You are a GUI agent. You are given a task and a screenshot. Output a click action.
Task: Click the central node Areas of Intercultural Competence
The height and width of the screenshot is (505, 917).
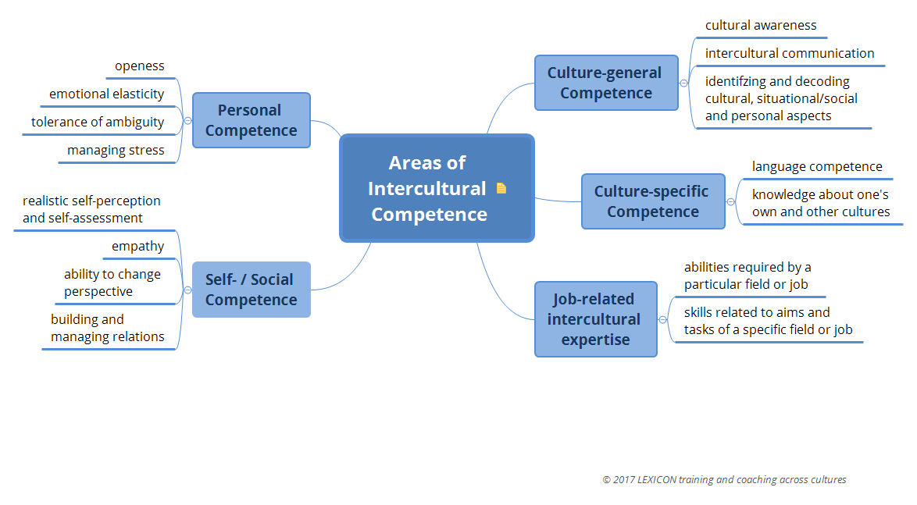[428, 188]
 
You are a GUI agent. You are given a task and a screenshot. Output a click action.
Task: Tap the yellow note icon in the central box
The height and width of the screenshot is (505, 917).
[501, 188]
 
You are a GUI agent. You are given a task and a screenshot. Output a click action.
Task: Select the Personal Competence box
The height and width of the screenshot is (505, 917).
[251, 120]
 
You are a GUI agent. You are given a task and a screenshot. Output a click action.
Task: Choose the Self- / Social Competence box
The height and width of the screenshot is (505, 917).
[251, 290]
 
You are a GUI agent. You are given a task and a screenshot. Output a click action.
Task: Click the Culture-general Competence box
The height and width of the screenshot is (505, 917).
[605, 83]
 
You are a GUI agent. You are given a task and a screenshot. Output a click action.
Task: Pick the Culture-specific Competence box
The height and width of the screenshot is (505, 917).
[652, 201]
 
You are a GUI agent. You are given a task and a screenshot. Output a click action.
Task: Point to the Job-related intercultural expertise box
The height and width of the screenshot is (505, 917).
[595, 319]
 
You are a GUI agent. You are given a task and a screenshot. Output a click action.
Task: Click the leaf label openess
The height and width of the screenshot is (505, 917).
[140, 66]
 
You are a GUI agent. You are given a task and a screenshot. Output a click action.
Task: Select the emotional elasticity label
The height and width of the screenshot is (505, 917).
[107, 94]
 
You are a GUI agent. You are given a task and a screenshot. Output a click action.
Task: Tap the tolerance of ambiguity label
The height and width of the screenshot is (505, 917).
[98, 123]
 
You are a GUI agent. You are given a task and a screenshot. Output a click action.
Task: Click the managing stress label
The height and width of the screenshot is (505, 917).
[116, 151]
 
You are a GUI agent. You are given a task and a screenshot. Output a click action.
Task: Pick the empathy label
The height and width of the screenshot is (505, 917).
[138, 247]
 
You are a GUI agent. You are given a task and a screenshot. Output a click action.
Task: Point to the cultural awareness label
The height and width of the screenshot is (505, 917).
[761, 26]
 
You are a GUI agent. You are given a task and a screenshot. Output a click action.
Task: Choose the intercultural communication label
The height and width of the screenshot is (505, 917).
[790, 54]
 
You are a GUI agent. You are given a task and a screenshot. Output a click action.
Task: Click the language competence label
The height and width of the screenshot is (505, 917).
[817, 167]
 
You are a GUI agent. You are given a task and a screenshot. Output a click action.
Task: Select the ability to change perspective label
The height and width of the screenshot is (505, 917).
[112, 283]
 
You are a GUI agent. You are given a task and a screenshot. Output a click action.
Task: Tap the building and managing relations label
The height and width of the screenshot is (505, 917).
[108, 328]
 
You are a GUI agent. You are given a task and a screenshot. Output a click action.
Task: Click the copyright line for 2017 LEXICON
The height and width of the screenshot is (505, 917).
[724, 480]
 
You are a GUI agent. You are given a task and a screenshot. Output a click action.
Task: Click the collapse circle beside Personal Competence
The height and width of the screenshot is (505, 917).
[187, 120]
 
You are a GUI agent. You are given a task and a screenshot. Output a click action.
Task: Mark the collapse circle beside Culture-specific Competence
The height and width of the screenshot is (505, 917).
[731, 201]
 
